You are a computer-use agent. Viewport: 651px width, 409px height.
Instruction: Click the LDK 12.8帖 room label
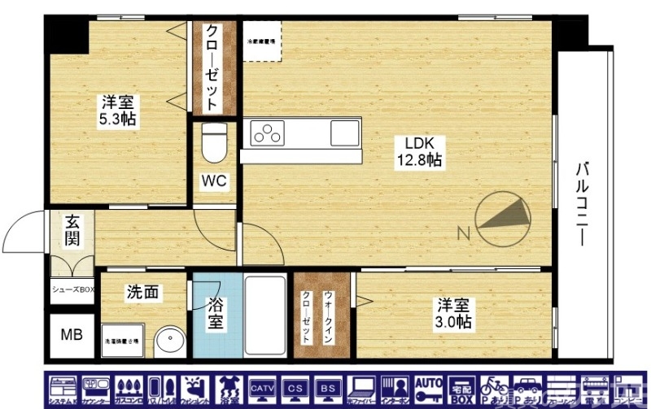419,151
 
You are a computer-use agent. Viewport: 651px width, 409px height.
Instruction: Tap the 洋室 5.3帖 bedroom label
119,111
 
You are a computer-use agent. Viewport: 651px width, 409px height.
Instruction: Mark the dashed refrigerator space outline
262,41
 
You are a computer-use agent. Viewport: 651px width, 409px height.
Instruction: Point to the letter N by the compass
463,235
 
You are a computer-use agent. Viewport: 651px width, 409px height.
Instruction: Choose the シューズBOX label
73,288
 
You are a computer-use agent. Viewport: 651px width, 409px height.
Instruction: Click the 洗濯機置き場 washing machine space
120,341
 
